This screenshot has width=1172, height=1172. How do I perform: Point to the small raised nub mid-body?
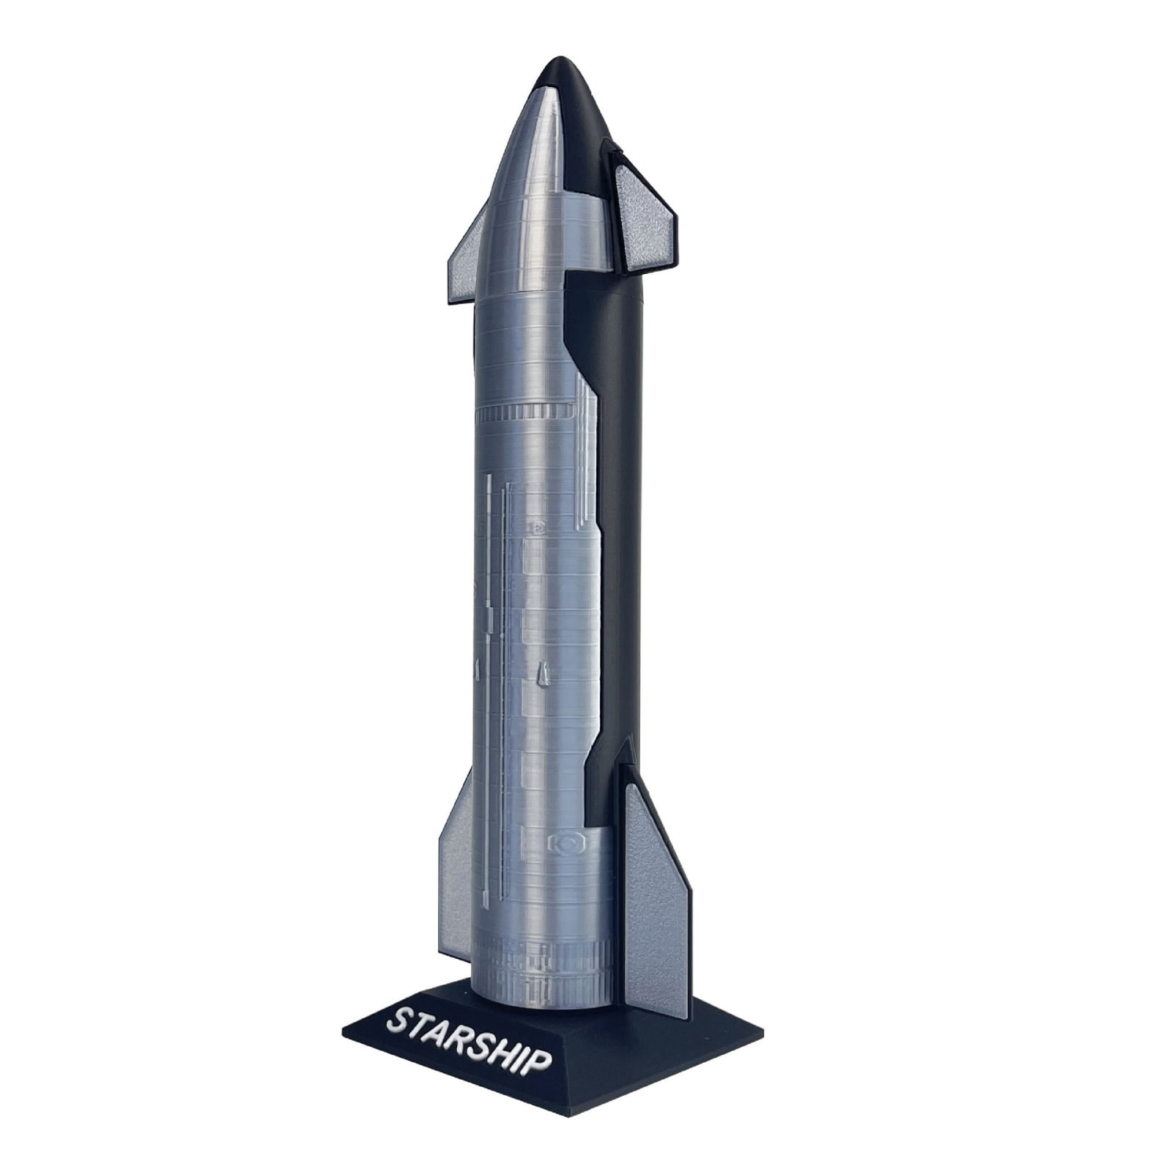[x=541, y=673]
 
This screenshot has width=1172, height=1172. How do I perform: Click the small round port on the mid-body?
[x=539, y=525]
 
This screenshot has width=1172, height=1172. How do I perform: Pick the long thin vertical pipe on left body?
[x=489, y=659]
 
